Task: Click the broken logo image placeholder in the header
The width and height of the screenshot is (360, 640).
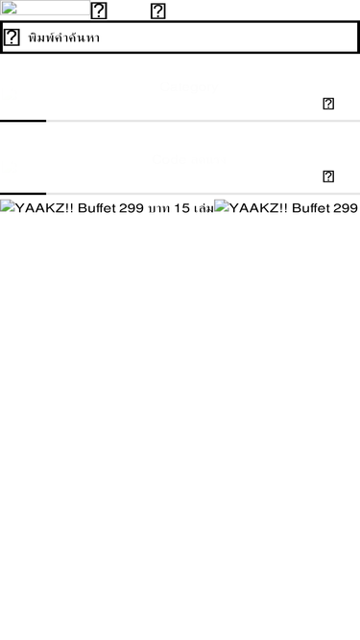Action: tap(44, 9)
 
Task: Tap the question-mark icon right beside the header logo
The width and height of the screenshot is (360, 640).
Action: tap(98, 12)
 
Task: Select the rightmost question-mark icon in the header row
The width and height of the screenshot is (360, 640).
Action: tap(158, 12)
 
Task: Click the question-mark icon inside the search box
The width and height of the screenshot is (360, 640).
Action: tap(12, 37)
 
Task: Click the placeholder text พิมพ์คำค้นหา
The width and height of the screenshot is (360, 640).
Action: tap(63, 37)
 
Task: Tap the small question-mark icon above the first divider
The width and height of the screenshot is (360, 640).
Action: tap(328, 104)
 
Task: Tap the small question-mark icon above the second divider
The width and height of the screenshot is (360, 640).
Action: tap(328, 177)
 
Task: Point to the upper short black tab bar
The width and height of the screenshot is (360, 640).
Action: tap(23, 121)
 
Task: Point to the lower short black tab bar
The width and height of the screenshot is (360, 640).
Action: tap(23, 194)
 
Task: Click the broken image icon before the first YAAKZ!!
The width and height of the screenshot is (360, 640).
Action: tap(5, 206)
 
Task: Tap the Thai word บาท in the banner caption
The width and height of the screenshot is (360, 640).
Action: tap(158, 207)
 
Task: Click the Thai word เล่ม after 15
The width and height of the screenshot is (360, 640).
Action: tap(203, 207)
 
